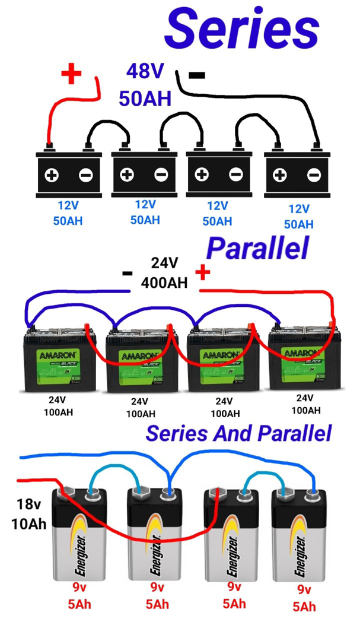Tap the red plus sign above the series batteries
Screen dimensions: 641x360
point(72,75)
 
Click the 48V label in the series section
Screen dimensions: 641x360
point(145,72)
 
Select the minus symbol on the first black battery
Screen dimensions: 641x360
point(85,175)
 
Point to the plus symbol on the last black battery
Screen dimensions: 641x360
point(279,175)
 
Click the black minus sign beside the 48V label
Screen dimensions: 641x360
point(196,75)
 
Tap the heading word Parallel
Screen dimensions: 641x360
point(257,249)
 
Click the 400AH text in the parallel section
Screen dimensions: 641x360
point(164,283)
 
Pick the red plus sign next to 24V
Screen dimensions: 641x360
point(203,272)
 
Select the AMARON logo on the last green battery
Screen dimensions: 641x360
point(303,354)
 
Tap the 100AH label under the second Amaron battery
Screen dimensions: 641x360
point(141,414)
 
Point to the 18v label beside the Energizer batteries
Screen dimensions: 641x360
point(27,505)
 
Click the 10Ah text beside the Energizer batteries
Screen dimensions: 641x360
point(28,523)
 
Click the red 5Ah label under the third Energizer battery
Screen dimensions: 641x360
point(234,604)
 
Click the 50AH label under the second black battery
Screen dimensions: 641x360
point(145,220)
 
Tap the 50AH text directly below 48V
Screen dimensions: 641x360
point(145,99)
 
